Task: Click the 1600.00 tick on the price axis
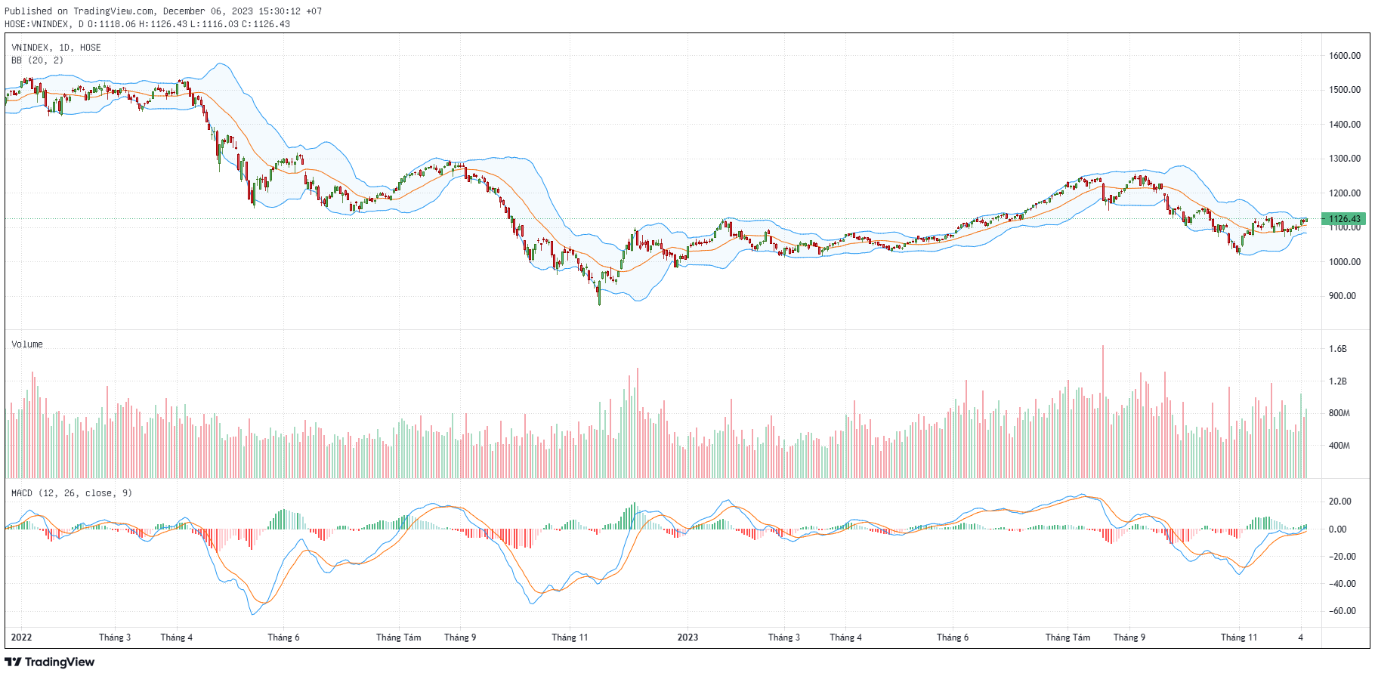tap(1344, 55)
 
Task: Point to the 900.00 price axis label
tap(1344, 296)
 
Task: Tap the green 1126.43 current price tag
tap(1344, 219)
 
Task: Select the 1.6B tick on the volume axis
tap(1337, 349)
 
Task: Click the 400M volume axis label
tap(1339, 446)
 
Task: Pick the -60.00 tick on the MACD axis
tap(1341, 611)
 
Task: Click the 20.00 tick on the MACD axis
tap(1340, 502)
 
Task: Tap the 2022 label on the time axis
tap(21, 637)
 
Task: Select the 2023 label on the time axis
tap(687, 637)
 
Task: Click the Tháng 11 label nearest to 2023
tap(570, 637)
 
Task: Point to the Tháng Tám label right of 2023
tap(1068, 637)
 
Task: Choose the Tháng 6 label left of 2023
tap(283, 637)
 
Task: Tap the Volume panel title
tap(27, 344)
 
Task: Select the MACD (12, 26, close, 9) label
tap(71, 493)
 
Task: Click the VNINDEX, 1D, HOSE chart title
tap(56, 48)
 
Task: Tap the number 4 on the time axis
tap(1300, 637)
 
